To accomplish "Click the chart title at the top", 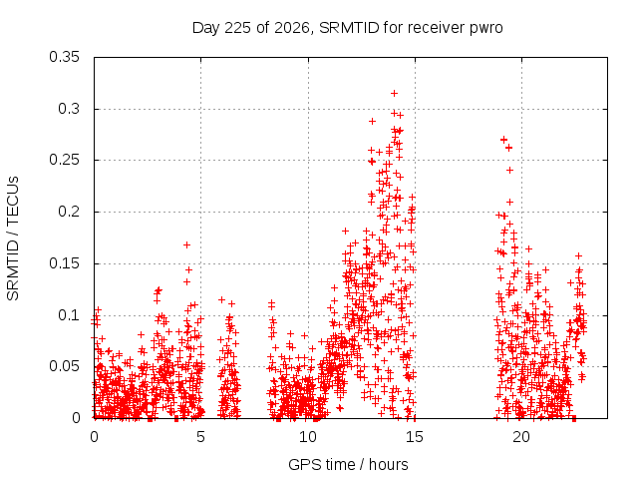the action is click(x=348, y=28).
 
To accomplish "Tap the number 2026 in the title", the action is click(x=292, y=28).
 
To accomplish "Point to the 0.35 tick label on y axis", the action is click(x=64, y=57).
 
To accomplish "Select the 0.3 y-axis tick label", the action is click(x=69, y=109).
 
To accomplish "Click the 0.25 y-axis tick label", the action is click(x=64, y=160).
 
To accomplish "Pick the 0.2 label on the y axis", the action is click(x=69, y=212).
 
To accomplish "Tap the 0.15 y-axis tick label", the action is click(x=64, y=263).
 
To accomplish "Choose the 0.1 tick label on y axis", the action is click(x=69, y=315).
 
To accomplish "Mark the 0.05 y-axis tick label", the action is click(x=64, y=366).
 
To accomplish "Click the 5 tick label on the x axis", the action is click(x=200, y=437).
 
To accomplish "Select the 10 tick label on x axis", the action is click(x=308, y=437).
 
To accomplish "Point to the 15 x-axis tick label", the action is click(x=415, y=437).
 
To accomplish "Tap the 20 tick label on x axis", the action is click(x=521, y=437).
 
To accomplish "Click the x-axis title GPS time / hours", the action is click(x=348, y=465).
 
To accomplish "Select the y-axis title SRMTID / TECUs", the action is click(x=13, y=239).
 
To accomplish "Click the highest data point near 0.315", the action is click(x=394, y=93).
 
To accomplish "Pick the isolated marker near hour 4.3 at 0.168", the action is click(x=186, y=244).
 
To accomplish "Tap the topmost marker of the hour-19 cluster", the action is click(x=503, y=140).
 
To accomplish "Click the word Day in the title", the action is click(x=206, y=29).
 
